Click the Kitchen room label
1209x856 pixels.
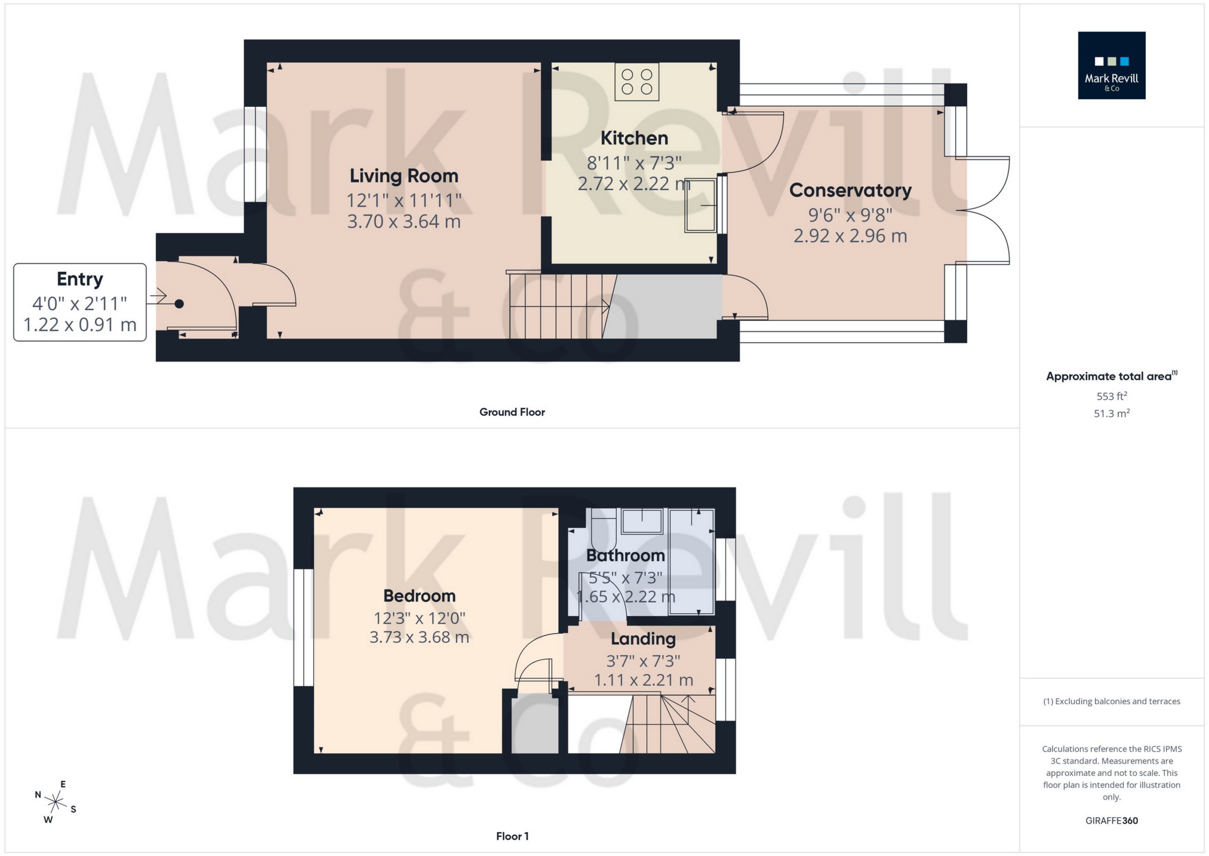pos(633,138)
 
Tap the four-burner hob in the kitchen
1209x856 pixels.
pos(636,82)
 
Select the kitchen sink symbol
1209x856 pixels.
pos(700,205)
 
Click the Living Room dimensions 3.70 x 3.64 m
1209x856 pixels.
pos(404,222)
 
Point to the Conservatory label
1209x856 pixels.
pos(850,191)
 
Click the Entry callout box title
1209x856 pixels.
pos(79,279)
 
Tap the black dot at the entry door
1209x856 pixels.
pos(179,304)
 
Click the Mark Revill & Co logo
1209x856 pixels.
pos(1111,66)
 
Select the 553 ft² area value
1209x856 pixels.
pos(1111,396)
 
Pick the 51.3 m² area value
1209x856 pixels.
pos(1111,413)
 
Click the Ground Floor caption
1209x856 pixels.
pos(512,412)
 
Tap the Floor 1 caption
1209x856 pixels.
pos(512,836)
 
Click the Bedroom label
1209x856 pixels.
pos(419,596)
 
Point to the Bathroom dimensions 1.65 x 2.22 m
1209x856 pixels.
pos(625,597)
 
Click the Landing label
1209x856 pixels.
pos(643,639)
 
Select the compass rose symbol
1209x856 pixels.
pos(55,802)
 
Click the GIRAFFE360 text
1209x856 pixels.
pos(1111,821)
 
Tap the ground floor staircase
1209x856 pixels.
pos(558,306)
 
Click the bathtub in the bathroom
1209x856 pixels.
pos(691,562)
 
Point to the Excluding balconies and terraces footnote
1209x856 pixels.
pos(1111,701)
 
